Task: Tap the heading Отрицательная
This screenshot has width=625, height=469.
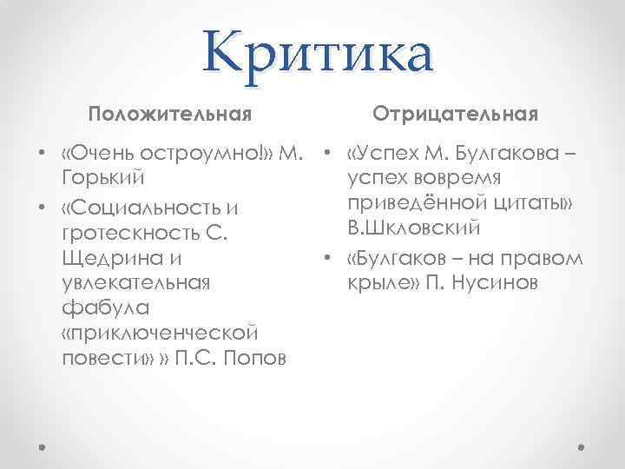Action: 456,114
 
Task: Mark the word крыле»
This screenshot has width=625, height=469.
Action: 383,283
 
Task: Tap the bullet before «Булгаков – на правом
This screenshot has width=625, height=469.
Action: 326,260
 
